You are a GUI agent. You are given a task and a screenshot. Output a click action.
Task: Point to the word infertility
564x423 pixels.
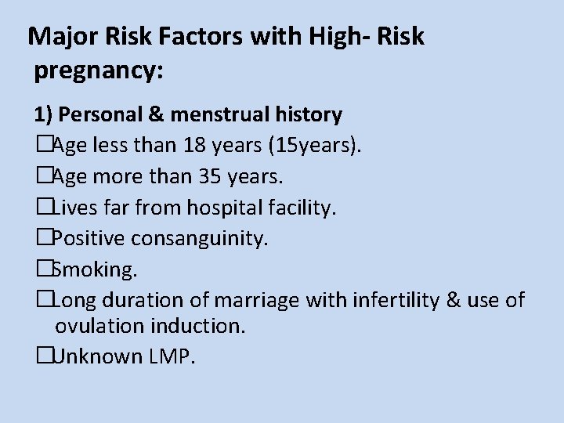392,300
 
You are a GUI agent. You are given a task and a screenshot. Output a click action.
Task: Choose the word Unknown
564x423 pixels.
96,356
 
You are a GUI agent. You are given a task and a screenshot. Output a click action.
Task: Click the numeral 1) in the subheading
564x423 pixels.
43,115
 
